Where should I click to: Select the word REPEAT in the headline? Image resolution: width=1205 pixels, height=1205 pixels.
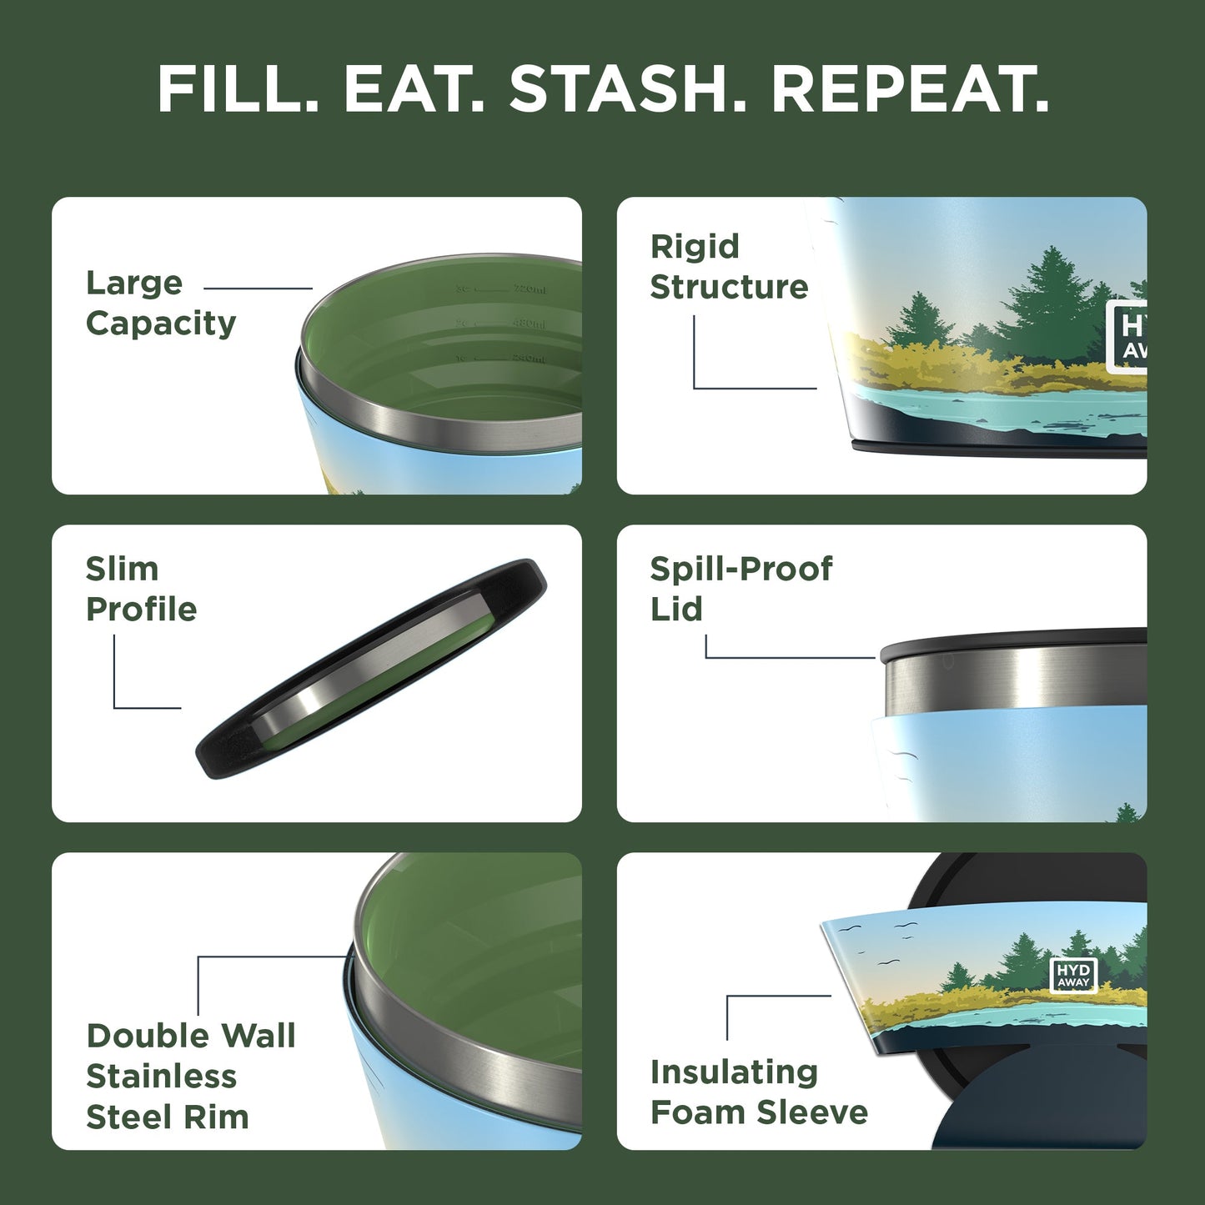pos(909,89)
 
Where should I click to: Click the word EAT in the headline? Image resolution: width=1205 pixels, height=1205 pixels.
pos(413,89)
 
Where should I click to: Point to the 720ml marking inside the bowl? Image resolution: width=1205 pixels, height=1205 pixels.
pos(529,289)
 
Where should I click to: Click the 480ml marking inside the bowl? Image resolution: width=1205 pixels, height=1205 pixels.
pos(529,324)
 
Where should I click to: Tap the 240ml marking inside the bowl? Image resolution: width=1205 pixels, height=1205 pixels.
pos(529,359)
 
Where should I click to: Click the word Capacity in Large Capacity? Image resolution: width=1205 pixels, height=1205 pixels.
pos(161,324)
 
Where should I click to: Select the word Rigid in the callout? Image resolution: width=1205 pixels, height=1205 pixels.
pos(695,247)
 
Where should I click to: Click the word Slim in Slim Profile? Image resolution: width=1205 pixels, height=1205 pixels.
pos(122,569)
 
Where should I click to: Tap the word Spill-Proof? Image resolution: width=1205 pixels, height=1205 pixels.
pos(741,569)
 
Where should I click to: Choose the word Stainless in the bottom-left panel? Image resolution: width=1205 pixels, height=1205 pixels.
pos(162,1077)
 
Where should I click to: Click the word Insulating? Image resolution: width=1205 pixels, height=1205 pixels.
pos(734,1072)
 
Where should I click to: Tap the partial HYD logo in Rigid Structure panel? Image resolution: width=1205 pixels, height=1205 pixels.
pos(1127,336)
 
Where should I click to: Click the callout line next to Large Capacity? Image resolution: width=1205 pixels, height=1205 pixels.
pos(258,289)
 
